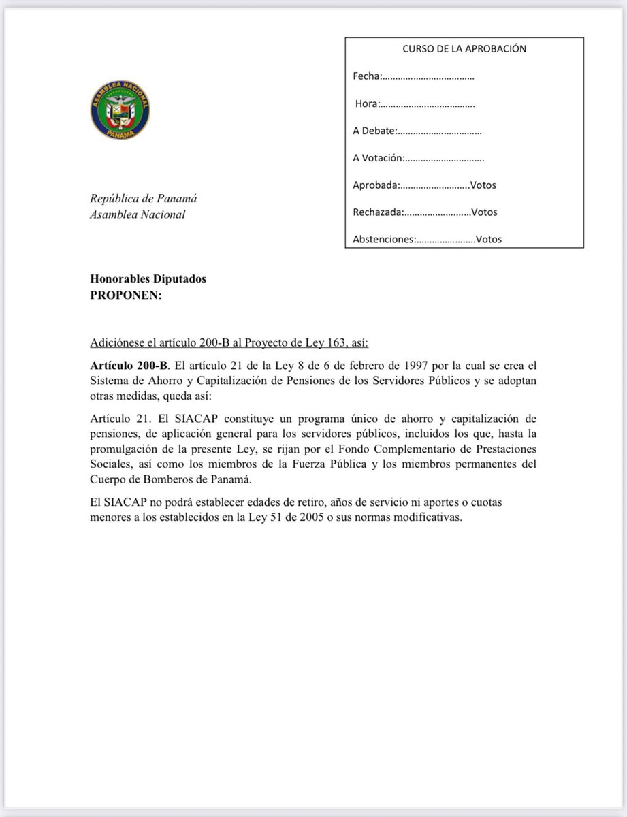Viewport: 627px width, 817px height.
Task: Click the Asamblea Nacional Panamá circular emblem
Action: click(x=120, y=113)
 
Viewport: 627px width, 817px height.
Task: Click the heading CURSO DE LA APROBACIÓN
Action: click(x=464, y=49)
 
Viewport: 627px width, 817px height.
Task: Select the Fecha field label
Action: click(x=367, y=76)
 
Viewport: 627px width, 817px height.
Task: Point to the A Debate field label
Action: click(x=373, y=131)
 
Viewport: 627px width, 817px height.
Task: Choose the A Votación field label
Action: click(x=378, y=158)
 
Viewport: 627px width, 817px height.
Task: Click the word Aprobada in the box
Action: click(x=374, y=185)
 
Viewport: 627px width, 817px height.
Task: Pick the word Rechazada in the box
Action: click(x=377, y=212)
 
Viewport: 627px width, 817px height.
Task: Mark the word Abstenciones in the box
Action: click(x=383, y=239)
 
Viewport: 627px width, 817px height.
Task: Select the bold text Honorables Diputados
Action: click(x=148, y=278)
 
